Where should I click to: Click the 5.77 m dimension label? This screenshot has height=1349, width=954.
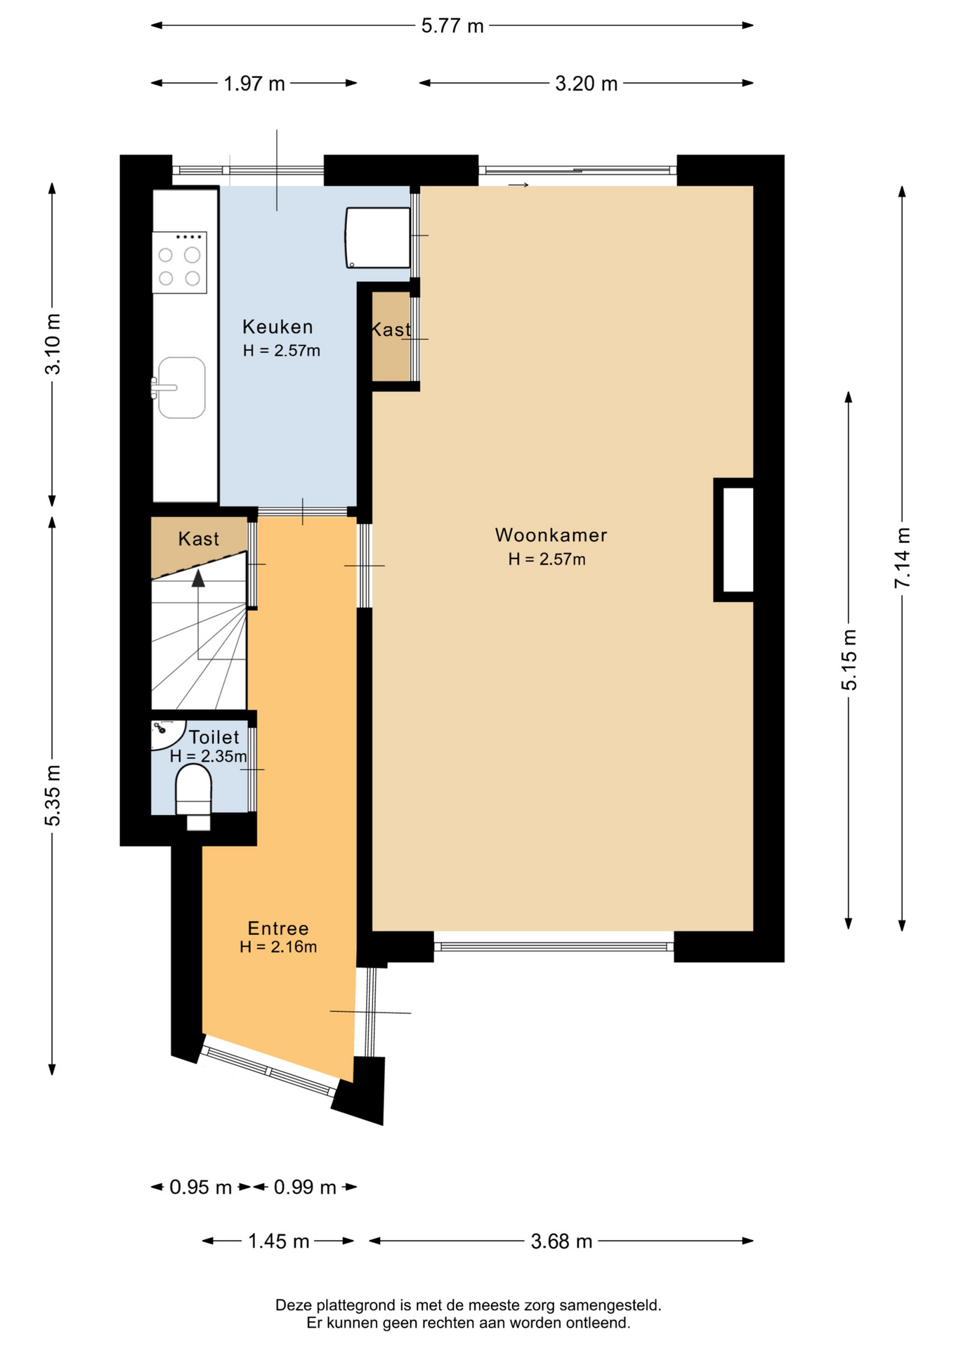[452, 26]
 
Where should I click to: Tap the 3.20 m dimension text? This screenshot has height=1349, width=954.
[586, 84]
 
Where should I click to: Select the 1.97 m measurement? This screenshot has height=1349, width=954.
[254, 84]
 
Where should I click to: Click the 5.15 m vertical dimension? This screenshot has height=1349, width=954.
[849, 660]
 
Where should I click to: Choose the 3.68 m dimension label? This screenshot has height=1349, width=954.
[561, 1242]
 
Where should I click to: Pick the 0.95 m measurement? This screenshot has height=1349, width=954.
[201, 1187]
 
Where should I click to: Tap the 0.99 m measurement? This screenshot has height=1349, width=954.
[305, 1187]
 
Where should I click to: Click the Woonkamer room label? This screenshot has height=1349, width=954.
[551, 535]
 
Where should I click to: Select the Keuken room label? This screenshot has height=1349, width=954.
[277, 327]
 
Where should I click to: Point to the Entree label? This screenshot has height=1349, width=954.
[278, 928]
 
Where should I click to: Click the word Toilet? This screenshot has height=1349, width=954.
[214, 737]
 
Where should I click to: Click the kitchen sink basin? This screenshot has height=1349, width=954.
[182, 388]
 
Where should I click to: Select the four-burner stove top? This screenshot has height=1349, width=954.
[180, 262]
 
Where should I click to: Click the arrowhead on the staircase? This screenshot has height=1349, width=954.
[199, 578]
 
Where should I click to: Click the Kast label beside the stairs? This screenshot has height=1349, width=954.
[199, 539]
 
